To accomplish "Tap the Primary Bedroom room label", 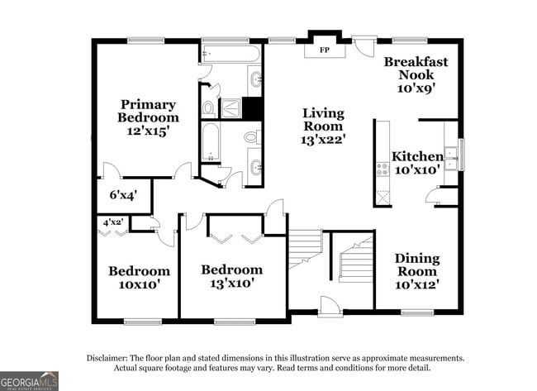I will [148, 117].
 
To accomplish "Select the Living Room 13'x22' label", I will [323, 126].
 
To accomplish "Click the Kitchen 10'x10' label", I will [417, 163].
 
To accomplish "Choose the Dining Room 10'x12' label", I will [416, 271].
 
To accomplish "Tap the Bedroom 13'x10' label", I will [232, 276].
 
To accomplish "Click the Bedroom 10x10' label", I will [140, 277].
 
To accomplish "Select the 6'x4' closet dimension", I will [123, 196].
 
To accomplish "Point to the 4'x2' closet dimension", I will [113, 222].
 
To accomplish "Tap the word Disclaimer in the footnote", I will [110, 358].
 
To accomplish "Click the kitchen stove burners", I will [383, 169].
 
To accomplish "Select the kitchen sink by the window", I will [450, 157].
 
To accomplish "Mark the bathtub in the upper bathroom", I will [230, 55].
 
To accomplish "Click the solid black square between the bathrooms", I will [251, 107].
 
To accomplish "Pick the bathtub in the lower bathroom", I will [210, 144].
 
